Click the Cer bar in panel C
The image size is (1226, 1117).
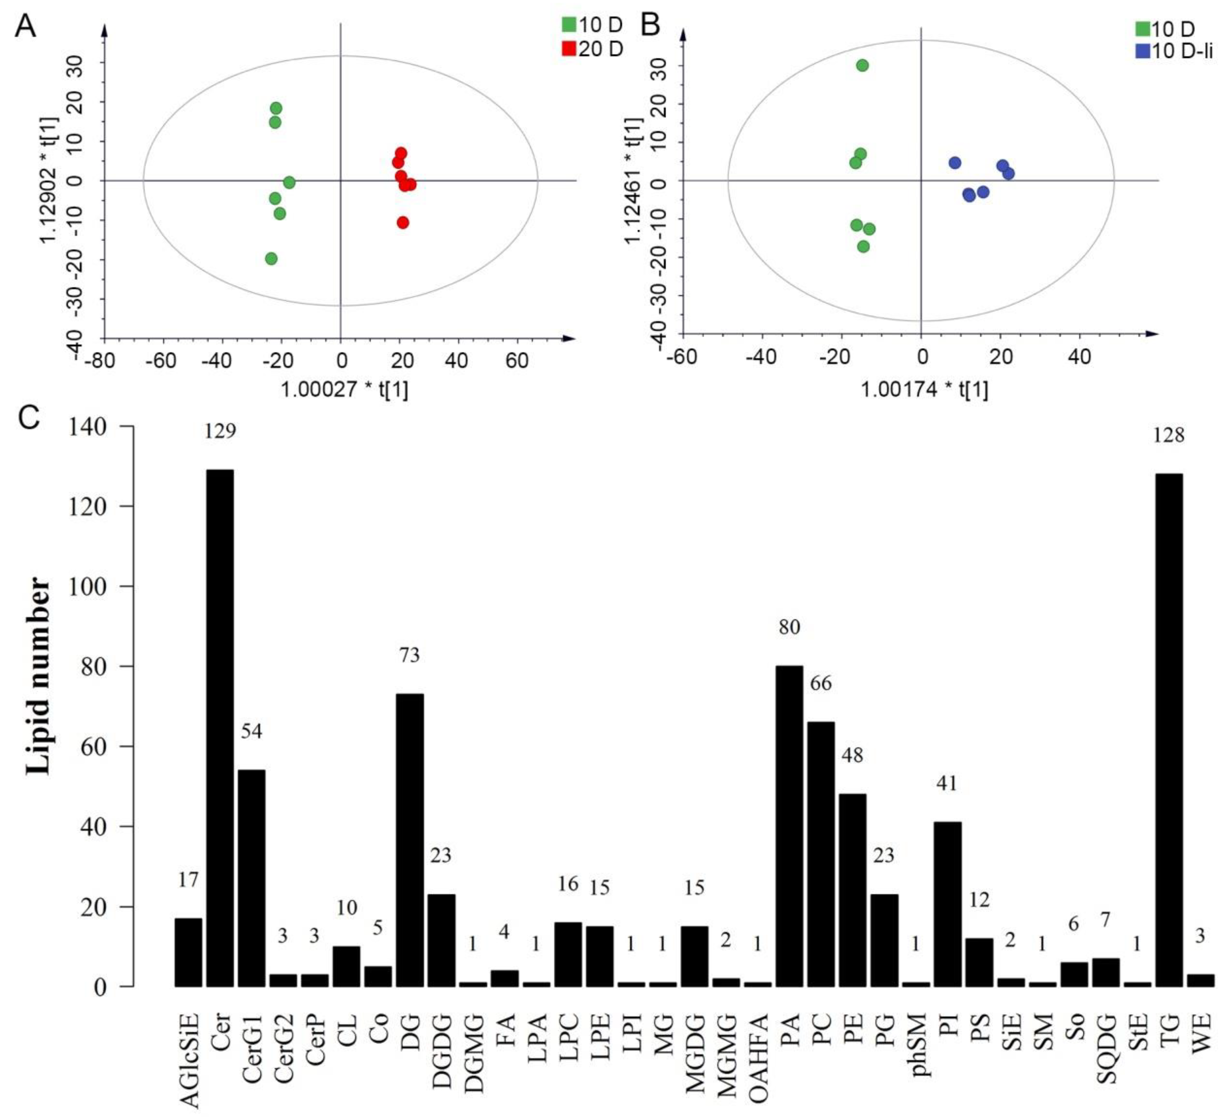click(220, 728)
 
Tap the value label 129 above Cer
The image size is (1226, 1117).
click(220, 431)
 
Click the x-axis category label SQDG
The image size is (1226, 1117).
click(1105, 1048)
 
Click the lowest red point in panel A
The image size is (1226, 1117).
click(403, 222)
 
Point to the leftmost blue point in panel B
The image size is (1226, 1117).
click(955, 163)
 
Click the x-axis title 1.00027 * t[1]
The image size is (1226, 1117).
click(344, 389)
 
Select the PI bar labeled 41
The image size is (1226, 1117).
click(947, 904)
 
